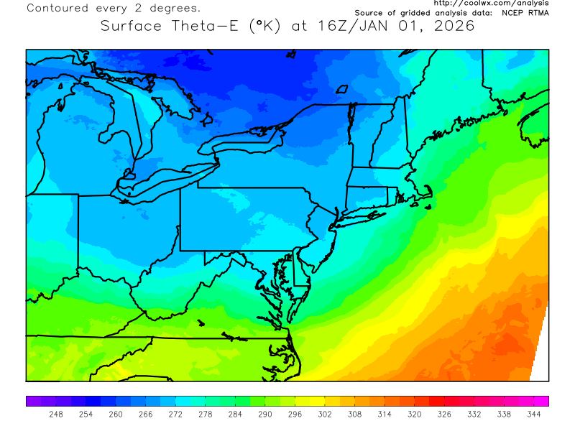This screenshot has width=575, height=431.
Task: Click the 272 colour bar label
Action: click(x=175, y=414)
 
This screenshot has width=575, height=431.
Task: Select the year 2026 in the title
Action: click(x=451, y=27)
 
